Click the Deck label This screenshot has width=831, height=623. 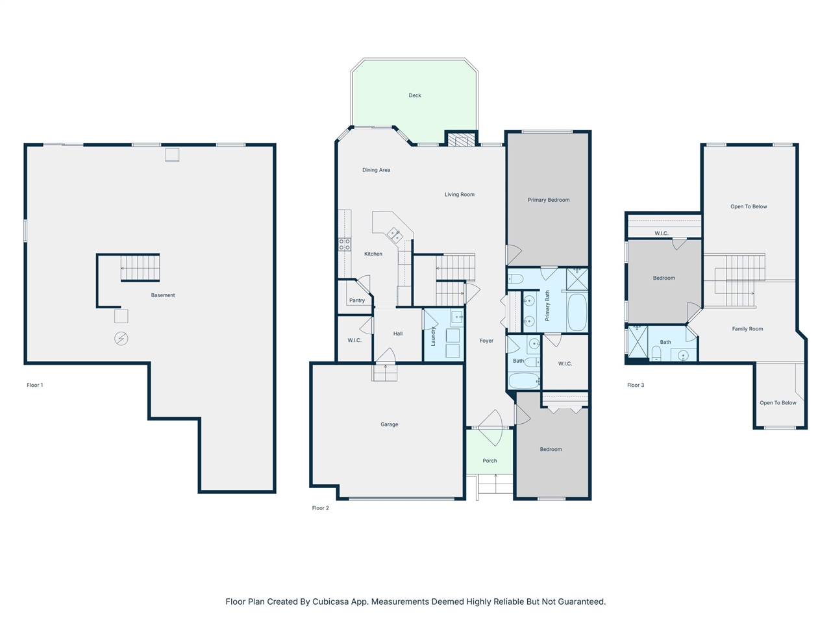(415, 95)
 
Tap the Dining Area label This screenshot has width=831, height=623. (376, 170)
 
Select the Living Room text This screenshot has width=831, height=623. (459, 195)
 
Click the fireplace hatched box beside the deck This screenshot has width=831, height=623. (461, 139)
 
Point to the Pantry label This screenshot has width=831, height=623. (356, 300)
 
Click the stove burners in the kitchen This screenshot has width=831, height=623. (345, 245)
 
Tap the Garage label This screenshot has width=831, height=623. (389, 424)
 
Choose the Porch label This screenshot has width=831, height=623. (490, 461)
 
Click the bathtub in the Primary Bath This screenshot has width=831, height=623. (577, 312)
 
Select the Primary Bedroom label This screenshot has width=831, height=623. (549, 200)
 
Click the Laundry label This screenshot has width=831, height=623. (433, 336)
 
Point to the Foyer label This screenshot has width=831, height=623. (486, 341)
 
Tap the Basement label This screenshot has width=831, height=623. (163, 295)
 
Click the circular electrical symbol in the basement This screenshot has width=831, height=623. (121, 339)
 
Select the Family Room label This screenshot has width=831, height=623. (747, 329)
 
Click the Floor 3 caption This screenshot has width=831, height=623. (636, 385)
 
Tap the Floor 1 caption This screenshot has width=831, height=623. (35, 385)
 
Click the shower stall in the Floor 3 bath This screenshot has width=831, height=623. (638, 341)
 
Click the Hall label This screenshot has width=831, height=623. (397, 334)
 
